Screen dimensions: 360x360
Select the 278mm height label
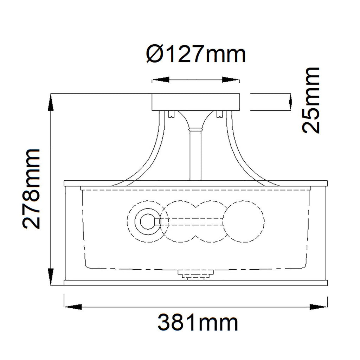[31, 189]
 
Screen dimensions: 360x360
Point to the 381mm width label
[198, 323]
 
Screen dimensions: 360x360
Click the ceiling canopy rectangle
[196, 102]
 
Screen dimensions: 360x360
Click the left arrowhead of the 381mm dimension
[73, 307]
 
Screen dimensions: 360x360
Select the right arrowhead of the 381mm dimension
[318, 307]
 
